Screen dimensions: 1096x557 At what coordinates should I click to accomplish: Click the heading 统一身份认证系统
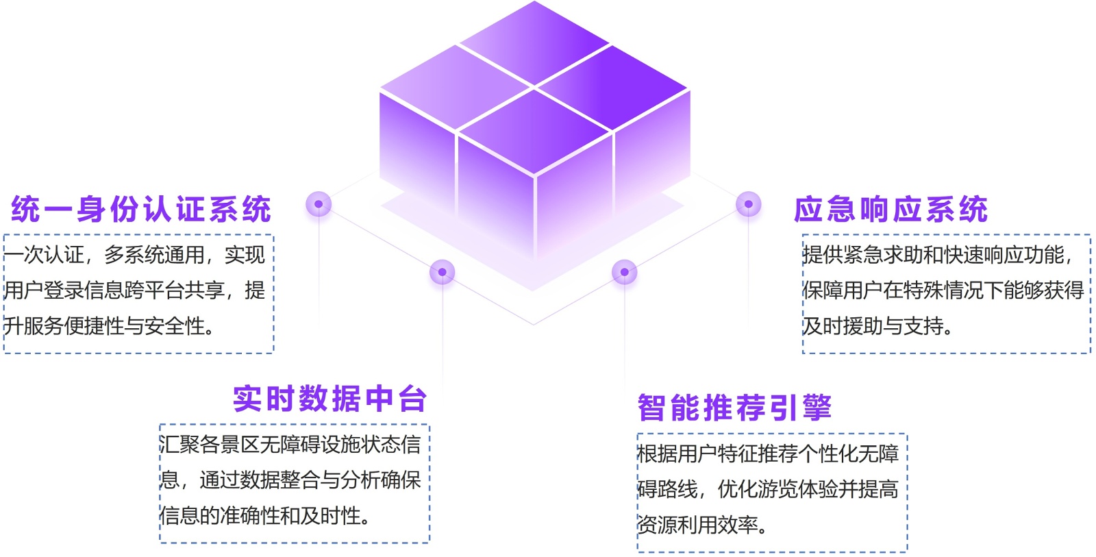point(141,209)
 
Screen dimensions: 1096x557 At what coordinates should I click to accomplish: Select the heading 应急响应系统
point(891,209)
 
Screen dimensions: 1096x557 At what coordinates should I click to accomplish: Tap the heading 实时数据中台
point(329,399)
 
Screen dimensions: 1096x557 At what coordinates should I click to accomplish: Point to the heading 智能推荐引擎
point(734,408)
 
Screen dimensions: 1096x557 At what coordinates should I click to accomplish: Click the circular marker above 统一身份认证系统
point(319,203)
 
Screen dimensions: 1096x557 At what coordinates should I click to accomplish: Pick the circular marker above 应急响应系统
point(748,203)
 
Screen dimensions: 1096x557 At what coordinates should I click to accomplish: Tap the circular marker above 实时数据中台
point(442,272)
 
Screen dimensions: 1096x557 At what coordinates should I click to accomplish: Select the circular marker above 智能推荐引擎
point(624,272)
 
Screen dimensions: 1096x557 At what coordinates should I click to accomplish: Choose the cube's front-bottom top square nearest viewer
point(534,130)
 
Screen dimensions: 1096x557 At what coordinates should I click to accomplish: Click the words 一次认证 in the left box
point(44,255)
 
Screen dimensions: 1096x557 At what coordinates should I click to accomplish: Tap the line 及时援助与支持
point(877,326)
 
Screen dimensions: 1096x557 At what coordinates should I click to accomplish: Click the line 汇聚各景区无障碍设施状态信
point(290,445)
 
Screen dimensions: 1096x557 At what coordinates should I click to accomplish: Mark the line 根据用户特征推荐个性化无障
point(767,454)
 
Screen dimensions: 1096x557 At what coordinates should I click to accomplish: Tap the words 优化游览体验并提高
point(808,489)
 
